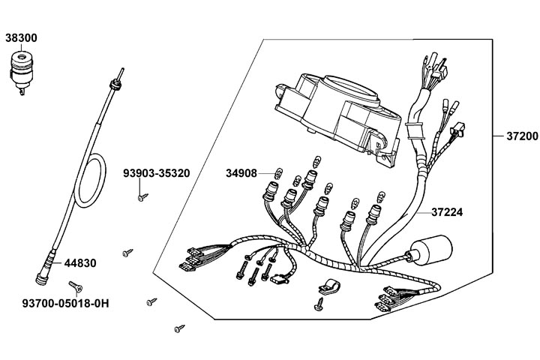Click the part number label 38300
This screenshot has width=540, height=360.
(x=21, y=37)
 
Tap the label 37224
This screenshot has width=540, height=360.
(x=446, y=212)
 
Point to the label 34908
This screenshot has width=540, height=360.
(x=241, y=173)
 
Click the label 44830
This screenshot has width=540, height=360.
(x=79, y=263)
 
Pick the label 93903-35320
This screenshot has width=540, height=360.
(x=156, y=173)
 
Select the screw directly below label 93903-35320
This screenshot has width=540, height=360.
(x=141, y=197)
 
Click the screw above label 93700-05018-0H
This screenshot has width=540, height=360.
(x=75, y=286)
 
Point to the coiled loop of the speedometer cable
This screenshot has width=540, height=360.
(x=94, y=183)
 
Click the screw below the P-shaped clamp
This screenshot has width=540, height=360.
(x=319, y=305)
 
